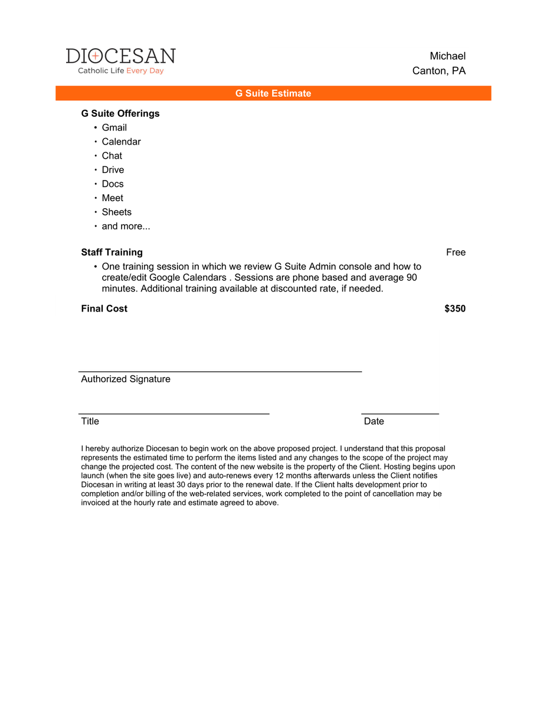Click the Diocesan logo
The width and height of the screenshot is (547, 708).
pyautogui.click(x=120, y=61)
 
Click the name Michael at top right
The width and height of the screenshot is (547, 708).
pyautogui.click(x=447, y=56)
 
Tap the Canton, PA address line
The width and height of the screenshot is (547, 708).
pyautogui.click(x=438, y=71)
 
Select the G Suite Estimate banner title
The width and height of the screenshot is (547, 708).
pyautogui.click(x=273, y=93)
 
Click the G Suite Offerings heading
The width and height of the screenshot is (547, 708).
pyautogui.click(x=120, y=113)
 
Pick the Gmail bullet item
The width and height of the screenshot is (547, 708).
pyautogui.click(x=114, y=127)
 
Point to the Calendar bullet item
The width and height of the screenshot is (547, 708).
pyautogui.click(x=121, y=142)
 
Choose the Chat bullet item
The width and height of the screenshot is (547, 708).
pyautogui.click(x=112, y=156)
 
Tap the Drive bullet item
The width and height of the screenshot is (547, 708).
pyautogui.click(x=113, y=170)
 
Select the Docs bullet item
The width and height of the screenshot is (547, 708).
pyautogui.click(x=113, y=184)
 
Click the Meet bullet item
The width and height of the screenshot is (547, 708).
pyautogui.click(x=112, y=198)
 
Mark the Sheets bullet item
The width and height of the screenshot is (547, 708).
pyautogui.click(x=116, y=212)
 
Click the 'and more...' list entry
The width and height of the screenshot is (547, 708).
pyautogui.click(x=126, y=227)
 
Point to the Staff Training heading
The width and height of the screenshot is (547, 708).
pyautogui.click(x=112, y=253)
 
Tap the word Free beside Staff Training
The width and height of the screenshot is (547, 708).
pyautogui.click(x=456, y=253)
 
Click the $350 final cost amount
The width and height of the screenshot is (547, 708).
pyautogui.click(x=454, y=309)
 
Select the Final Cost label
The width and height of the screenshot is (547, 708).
pyautogui.click(x=104, y=309)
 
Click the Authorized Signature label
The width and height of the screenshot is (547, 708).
pyautogui.click(x=126, y=379)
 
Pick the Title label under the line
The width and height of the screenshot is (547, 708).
pyautogui.click(x=90, y=421)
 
